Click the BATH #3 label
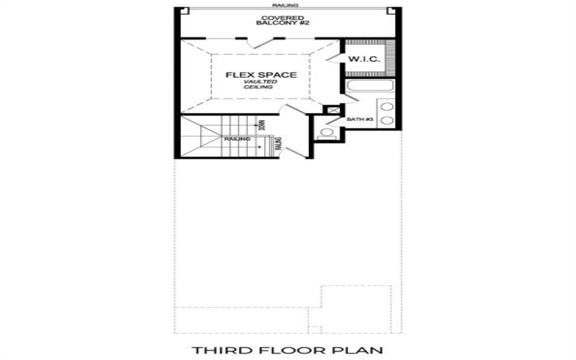click(x=358, y=119)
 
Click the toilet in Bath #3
click(x=327, y=132)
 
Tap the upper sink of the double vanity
click(x=387, y=107)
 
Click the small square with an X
click(x=333, y=110)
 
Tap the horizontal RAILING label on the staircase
click(x=237, y=138)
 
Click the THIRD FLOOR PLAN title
click(x=287, y=351)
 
